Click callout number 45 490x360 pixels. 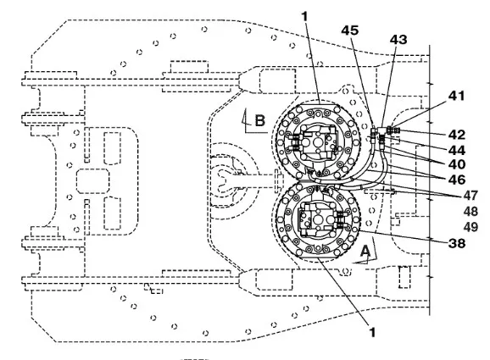pos(349,30)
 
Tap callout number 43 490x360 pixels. pos(398,40)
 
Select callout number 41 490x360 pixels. pos(456,96)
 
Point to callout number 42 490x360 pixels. pos(457,135)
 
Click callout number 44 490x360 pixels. pos(457,151)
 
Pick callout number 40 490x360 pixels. pos(457,164)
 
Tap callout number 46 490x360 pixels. pos(457,180)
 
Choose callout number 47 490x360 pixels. pos(471,196)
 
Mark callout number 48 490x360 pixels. pos(471,212)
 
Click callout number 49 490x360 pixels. pos(471,227)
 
